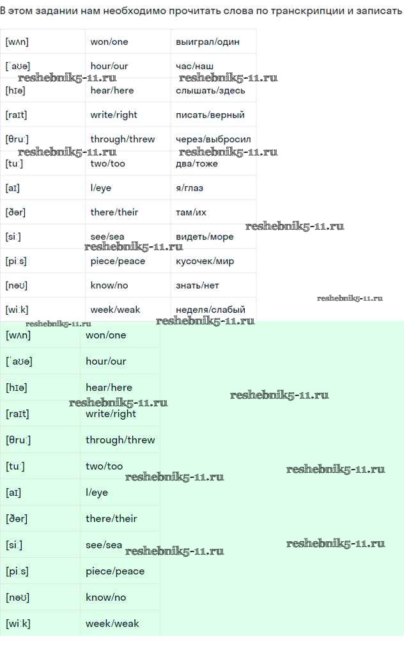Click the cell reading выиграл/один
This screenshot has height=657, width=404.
tap(208, 42)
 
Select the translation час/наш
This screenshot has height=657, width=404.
tap(195, 66)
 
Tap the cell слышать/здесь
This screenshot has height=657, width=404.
tap(210, 90)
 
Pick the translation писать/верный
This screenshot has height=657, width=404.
tap(210, 115)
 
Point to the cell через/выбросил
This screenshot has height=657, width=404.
tap(213, 139)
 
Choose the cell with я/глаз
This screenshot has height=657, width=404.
tap(189, 188)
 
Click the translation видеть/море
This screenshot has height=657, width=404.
tap(205, 237)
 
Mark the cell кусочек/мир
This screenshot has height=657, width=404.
tap(205, 261)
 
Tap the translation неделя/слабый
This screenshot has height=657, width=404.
tap(210, 310)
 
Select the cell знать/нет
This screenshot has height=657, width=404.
tap(197, 285)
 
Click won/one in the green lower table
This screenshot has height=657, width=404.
tap(106, 335)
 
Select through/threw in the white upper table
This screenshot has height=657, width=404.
tap(123, 139)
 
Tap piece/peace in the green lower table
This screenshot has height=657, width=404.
tap(115, 571)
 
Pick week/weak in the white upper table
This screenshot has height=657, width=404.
tap(115, 310)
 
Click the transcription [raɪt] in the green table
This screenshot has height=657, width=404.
tap(17, 414)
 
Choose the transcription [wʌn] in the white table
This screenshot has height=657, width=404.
tap(17, 42)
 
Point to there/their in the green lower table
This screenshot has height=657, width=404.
tap(111, 519)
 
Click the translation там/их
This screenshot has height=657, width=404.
tap(191, 212)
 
